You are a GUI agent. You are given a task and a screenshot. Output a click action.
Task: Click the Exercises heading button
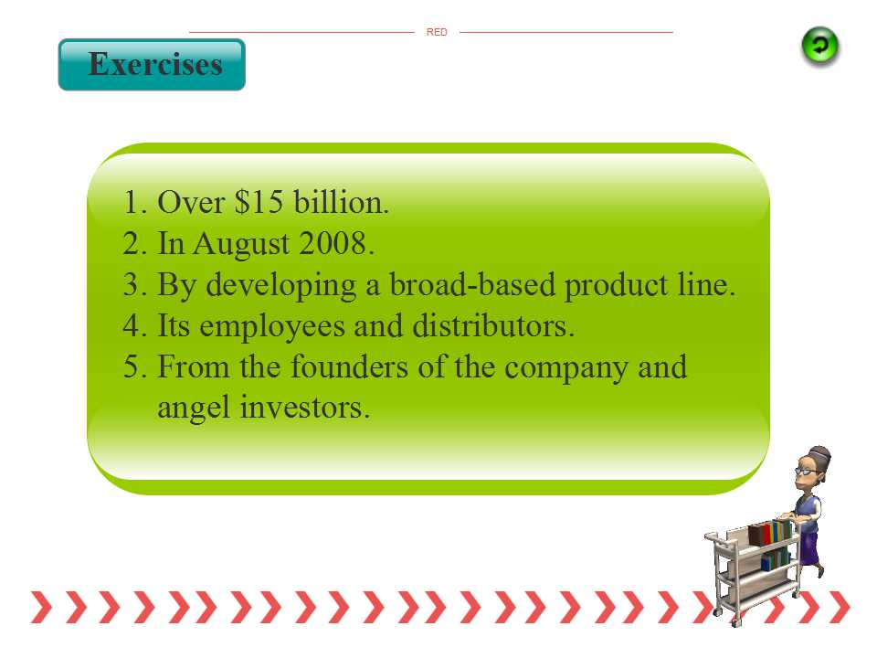click(152, 64)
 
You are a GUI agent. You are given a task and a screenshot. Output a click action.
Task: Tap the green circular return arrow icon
click(820, 47)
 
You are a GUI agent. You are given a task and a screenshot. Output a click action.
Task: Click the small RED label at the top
click(437, 33)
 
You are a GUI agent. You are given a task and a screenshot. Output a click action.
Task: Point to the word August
click(241, 245)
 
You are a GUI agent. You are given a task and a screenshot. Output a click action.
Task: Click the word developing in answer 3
click(281, 286)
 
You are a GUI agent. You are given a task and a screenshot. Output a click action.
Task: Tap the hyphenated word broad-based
click(472, 284)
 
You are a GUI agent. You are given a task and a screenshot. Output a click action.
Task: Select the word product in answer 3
click(617, 286)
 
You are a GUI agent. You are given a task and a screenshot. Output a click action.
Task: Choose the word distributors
click(492, 325)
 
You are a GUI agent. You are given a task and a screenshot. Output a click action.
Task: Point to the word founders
click(349, 366)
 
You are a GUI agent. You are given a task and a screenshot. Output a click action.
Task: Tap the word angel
click(194, 408)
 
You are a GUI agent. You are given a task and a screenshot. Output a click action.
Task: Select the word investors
click(304, 407)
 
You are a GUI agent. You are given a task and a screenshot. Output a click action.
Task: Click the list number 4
click(132, 325)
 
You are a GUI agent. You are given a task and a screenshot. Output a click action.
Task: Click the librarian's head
click(813, 467)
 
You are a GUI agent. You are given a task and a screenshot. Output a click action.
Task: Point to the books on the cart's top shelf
click(770, 532)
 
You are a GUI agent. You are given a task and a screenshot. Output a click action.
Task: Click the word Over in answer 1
click(191, 202)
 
